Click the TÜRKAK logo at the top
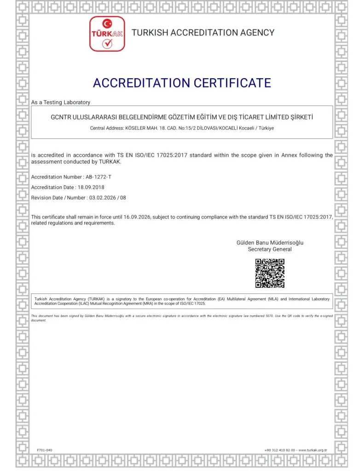pyautogui.click(x=107, y=34)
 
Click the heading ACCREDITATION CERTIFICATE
pyautogui.click(x=182, y=83)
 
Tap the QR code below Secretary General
pyautogui.click(x=270, y=273)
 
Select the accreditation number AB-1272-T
pyautogui.click(x=98, y=177)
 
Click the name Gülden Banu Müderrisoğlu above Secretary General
pyautogui.click(x=270, y=242)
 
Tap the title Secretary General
pyautogui.click(x=270, y=249)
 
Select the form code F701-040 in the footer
pyautogui.click(x=45, y=449)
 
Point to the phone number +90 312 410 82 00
pyautogui.click(x=279, y=449)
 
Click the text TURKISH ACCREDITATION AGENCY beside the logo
pyautogui.click(x=203, y=33)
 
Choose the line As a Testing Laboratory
pyautogui.click(x=61, y=102)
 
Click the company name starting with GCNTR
pyautogui.click(x=182, y=117)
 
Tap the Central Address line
pyautogui.click(x=182, y=128)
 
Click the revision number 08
pyautogui.click(x=123, y=198)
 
